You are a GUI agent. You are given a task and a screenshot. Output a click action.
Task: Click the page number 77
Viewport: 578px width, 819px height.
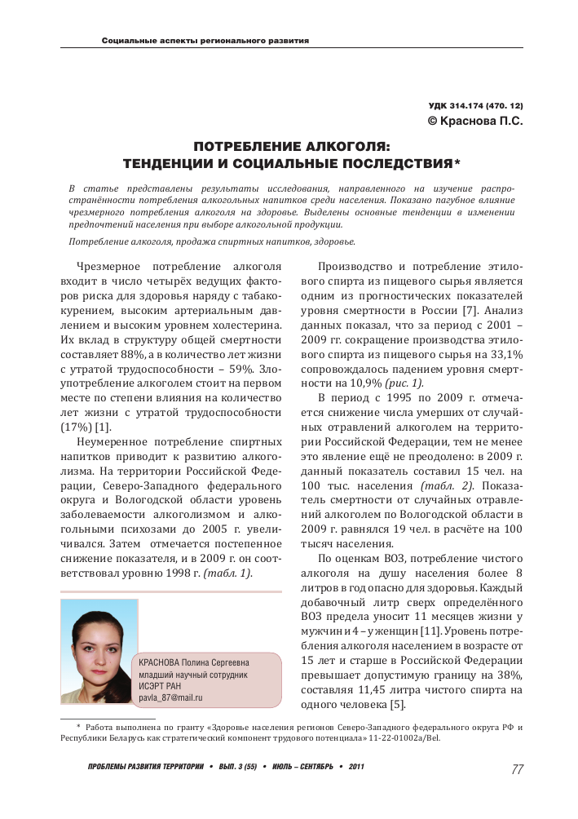[x=517, y=768]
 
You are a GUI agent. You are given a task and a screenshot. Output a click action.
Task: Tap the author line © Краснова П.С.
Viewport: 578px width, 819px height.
[x=475, y=121]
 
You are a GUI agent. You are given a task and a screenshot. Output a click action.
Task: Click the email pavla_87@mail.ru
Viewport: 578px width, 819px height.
[x=170, y=698]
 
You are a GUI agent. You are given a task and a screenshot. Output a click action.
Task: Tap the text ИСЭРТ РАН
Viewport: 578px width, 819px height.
[x=161, y=686]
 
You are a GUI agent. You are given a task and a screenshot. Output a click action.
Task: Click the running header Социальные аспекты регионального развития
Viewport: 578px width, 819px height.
[x=205, y=41]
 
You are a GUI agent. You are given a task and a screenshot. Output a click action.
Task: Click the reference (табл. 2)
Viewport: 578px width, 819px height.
[x=441, y=487]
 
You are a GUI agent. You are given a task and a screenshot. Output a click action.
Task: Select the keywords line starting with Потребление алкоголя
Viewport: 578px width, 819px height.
[x=212, y=242]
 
